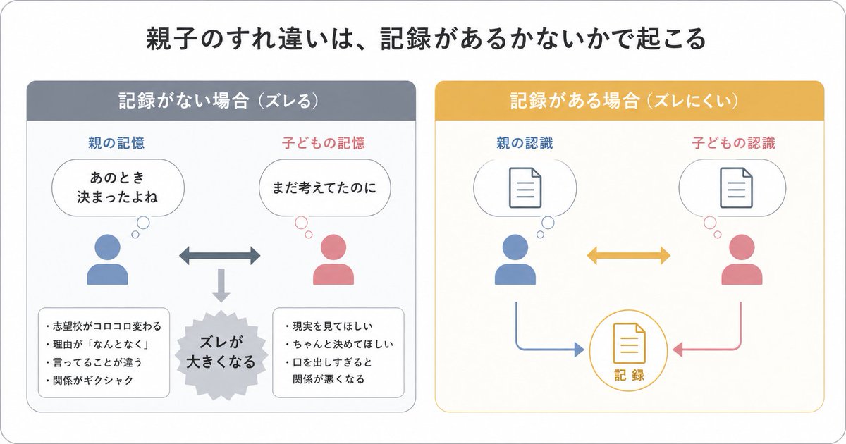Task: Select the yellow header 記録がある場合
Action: point(628,101)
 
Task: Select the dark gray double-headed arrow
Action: point(220,256)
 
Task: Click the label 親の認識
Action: point(525,143)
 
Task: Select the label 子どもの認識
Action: point(734,143)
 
